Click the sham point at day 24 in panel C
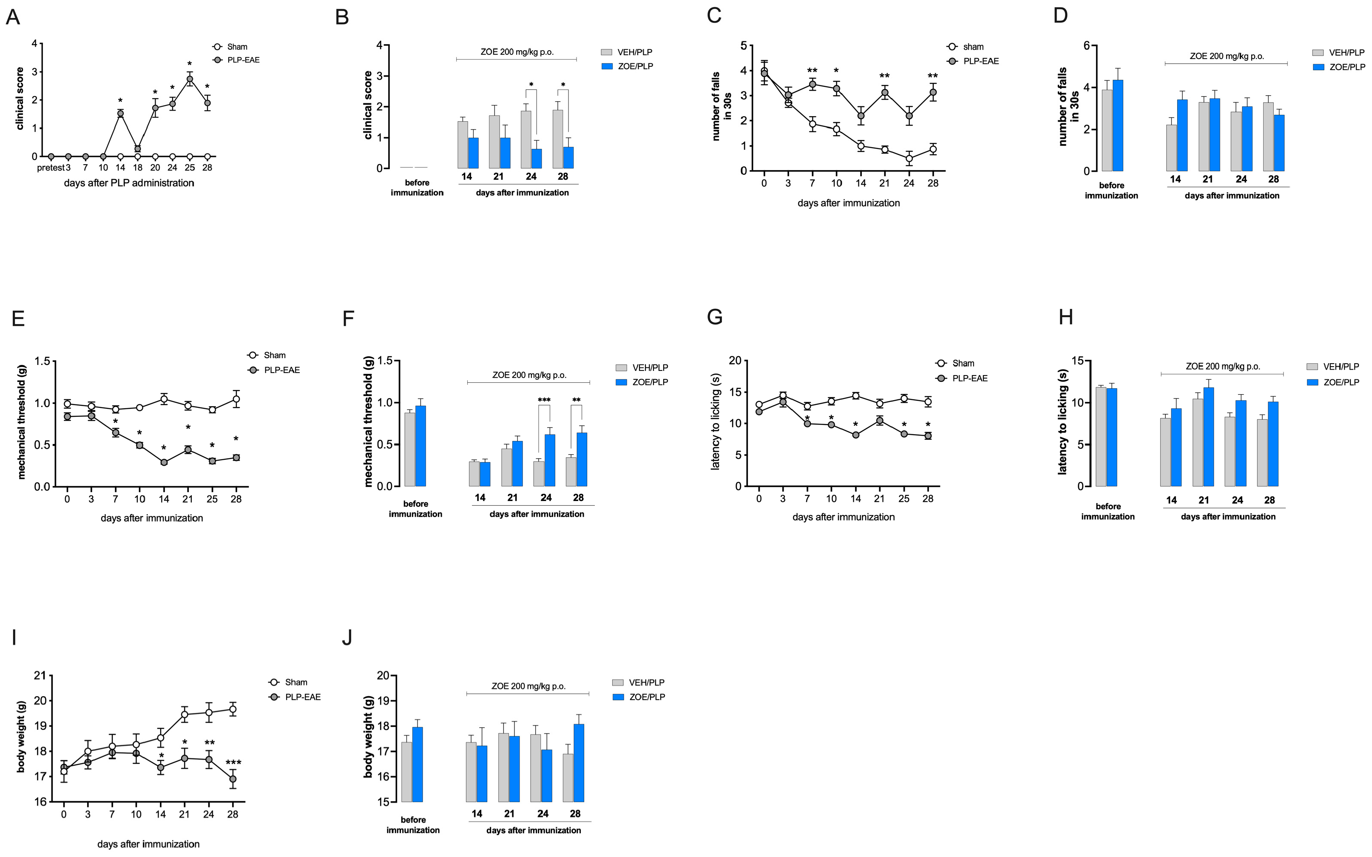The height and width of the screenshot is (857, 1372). tap(909, 159)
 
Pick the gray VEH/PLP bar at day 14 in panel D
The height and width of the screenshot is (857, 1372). tap(1171, 148)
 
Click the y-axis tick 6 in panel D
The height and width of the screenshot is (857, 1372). tap(1086, 46)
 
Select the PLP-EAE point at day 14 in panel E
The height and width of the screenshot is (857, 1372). tap(164, 462)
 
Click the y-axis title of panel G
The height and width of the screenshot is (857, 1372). tap(716, 422)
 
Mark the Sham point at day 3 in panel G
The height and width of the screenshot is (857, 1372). tap(783, 396)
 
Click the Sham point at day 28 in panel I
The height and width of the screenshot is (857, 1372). tap(232, 709)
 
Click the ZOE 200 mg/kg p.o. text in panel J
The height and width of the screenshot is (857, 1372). tap(528, 686)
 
